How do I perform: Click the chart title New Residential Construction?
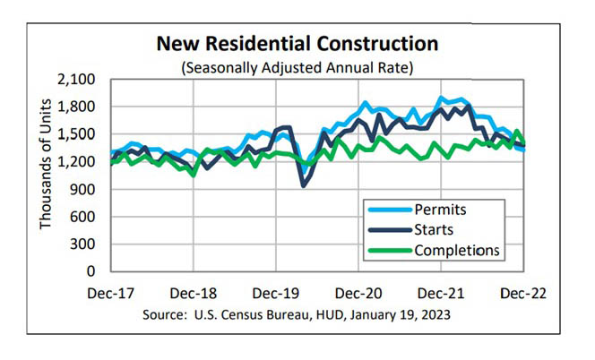click(298, 43)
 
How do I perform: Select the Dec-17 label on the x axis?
click(113, 292)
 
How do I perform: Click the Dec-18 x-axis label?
click(195, 292)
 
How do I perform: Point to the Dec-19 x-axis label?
click(278, 292)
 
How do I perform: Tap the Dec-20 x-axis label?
click(360, 292)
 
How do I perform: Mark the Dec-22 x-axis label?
click(523, 292)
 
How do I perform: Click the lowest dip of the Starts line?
click(304, 185)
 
